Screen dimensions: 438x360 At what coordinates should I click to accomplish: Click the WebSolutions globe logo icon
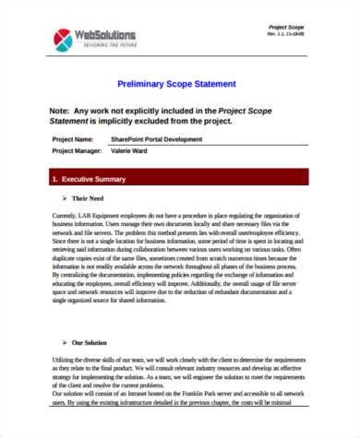point(64,40)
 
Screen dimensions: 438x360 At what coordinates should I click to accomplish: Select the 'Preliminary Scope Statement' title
point(179,84)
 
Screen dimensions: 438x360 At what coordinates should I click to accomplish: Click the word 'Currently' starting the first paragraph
point(65,214)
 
